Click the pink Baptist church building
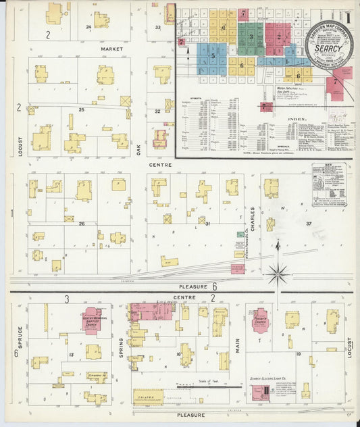coord(92,319)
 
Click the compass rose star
coord(277,274)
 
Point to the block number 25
coord(81,109)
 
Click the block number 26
coord(82,223)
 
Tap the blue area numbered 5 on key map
coord(213,57)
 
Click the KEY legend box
coord(328,184)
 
